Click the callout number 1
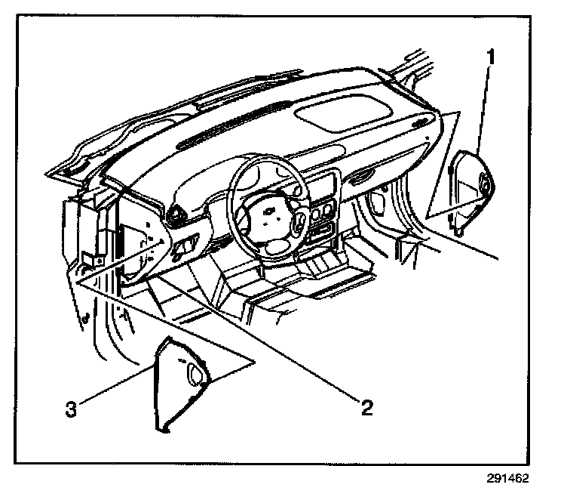coord(491,57)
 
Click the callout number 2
coord(366,408)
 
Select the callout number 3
coord(70,410)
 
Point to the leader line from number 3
coord(121,387)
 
